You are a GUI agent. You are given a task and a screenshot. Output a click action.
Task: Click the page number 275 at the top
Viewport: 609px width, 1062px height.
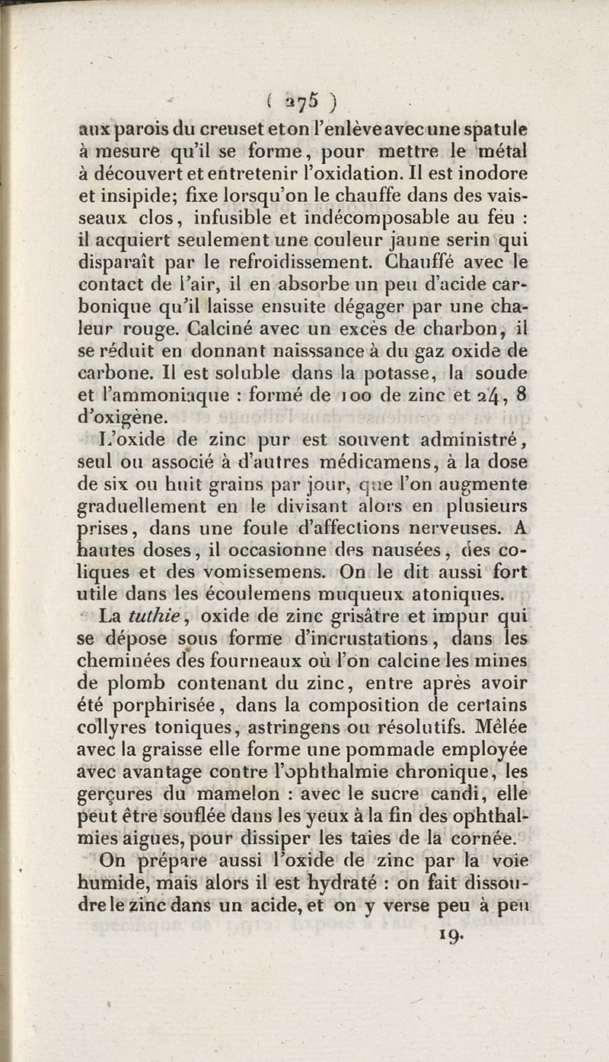pyautogui.click(x=304, y=101)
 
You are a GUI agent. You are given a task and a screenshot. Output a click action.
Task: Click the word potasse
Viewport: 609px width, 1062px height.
pyautogui.click(x=369, y=373)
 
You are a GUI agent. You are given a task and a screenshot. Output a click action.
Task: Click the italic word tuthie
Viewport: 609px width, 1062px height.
pyautogui.click(x=158, y=613)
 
